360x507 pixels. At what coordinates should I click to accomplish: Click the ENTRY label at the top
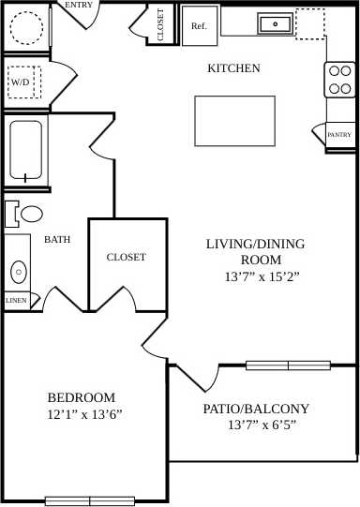pyautogui.click(x=79, y=6)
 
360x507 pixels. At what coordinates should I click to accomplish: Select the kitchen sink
pyautogui.click(x=275, y=22)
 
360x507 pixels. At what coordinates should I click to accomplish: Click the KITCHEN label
pyautogui.click(x=233, y=68)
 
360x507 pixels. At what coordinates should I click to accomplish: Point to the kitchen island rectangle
pyautogui.click(x=234, y=120)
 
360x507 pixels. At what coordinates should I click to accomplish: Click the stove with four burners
pyautogui.click(x=340, y=81)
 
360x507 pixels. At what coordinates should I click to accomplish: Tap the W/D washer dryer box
pyautogui.click(x=20, y=82)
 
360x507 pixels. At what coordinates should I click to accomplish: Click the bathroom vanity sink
pyautogui.click(x=18, y=273)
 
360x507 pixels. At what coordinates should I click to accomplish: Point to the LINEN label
pyautogui.click(x=16, y=301)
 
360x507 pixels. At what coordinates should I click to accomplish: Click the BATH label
pyautogui.click(x=57, y=240)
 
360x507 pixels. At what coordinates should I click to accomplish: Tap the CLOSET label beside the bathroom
pyautogui.click(x=126, y=257)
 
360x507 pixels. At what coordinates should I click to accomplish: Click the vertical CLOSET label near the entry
pyautogui.click(x=161, y=26)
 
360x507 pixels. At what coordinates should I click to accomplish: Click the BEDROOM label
pyautogui.click(x=82, y=397)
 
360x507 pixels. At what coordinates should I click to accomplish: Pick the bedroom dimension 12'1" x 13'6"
pyautogui.click(x=84, y=413)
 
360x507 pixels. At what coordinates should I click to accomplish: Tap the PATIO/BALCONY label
pyautogui.click(x=256, y=409)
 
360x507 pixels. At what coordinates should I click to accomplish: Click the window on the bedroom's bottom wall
pyautogui.click(x=90, y=500)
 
